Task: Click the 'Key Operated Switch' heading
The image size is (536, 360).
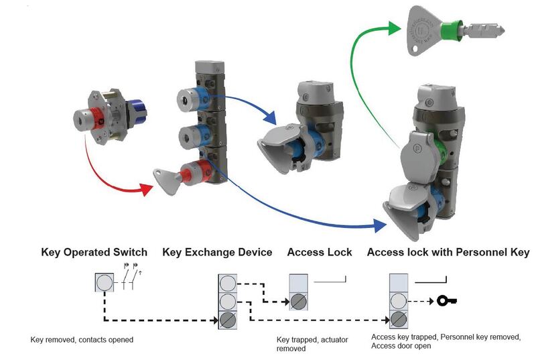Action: point(94,252)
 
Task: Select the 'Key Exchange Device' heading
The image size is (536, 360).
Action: point(217,252)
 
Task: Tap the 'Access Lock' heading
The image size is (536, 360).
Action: point(319,252)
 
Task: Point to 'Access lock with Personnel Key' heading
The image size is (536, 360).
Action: point(448,252)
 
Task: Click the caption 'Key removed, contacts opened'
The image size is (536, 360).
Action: point(82,340)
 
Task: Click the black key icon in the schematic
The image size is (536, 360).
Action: point(447,300)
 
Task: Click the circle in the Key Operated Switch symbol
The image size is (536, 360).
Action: point(105,283)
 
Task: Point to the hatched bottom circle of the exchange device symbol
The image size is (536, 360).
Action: point(228,319)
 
